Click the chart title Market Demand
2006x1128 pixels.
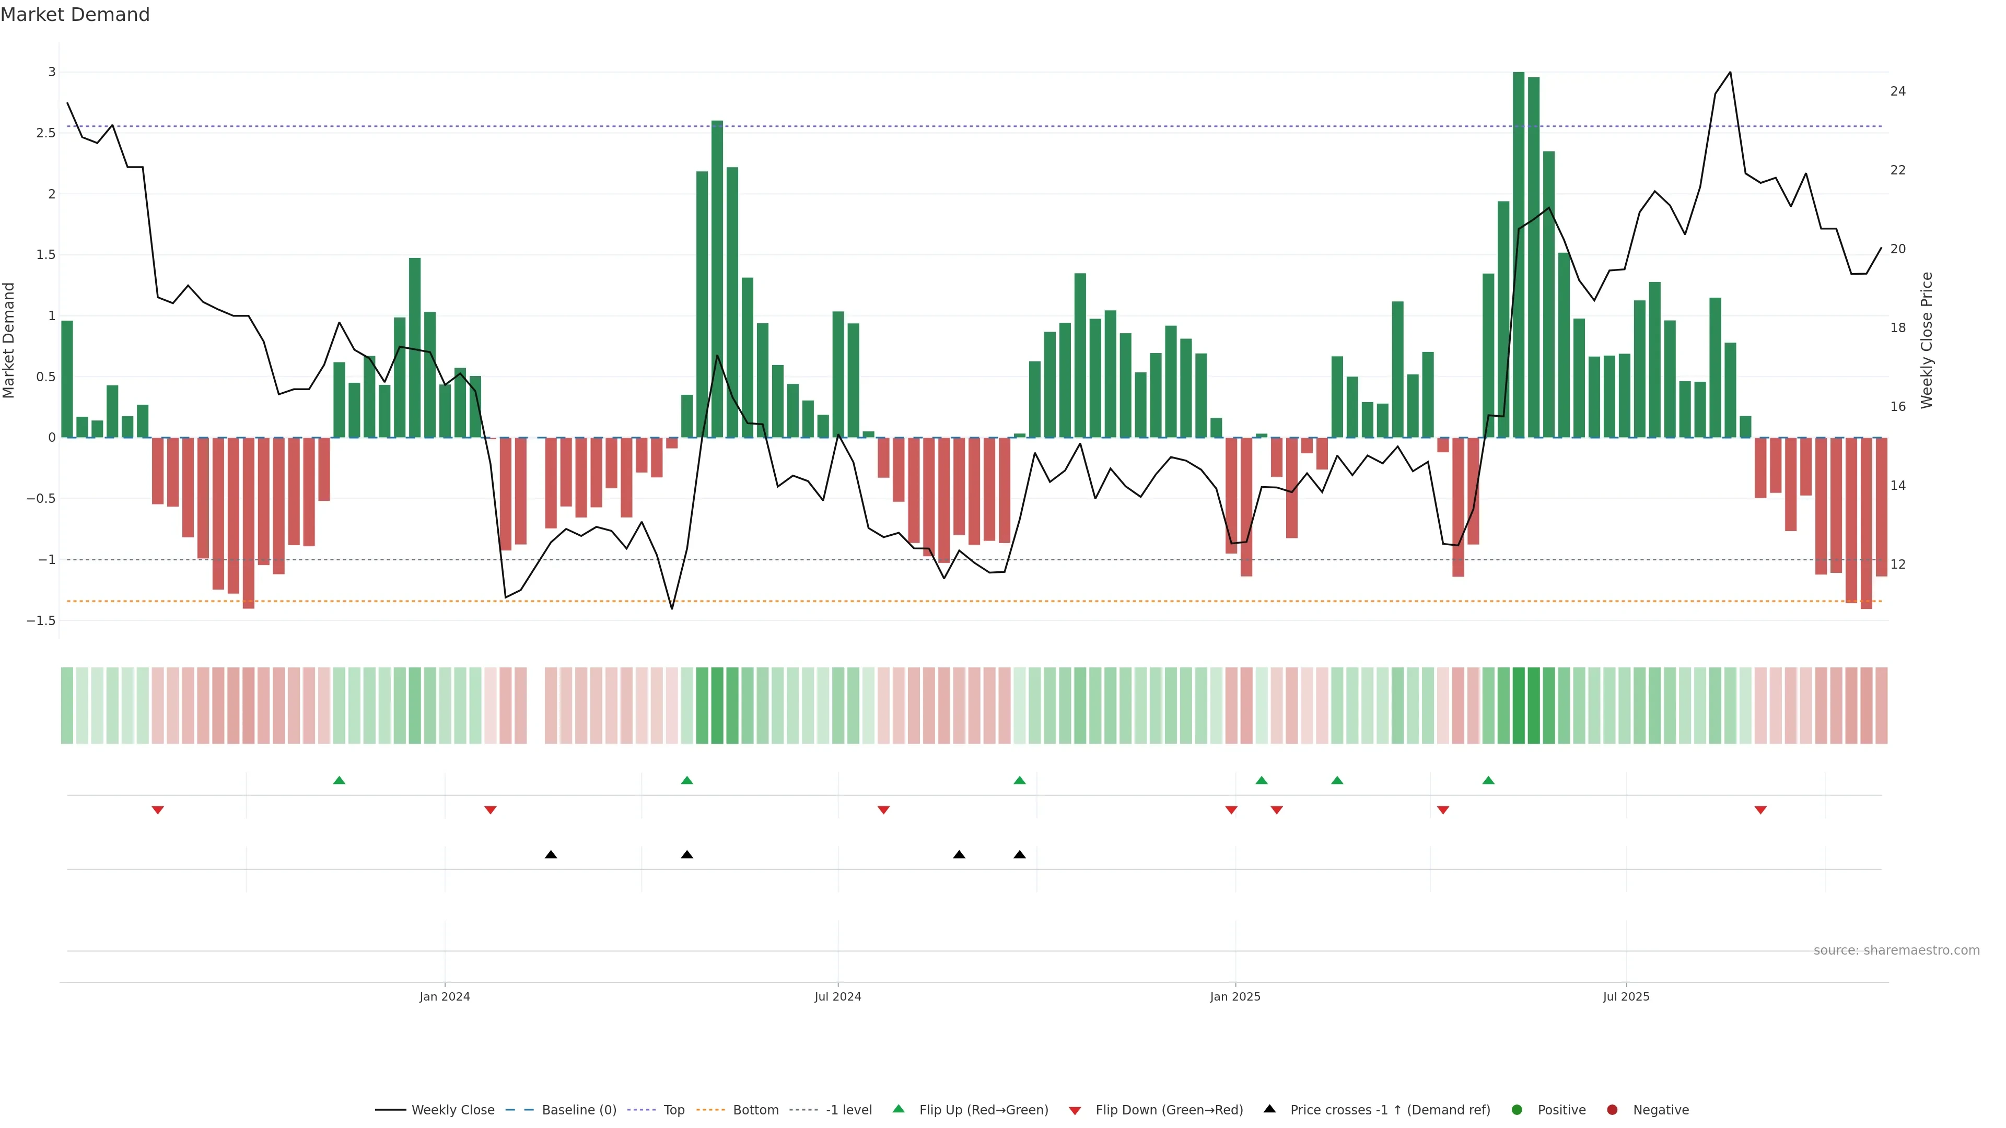coord(75,15)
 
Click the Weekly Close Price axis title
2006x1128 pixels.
coord(1927,340)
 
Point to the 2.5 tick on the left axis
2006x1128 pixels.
coord(46,133)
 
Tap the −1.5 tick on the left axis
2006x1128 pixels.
coord(41,620)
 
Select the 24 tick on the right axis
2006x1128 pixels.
coord(1898,91)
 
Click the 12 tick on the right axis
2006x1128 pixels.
coord(1898,565)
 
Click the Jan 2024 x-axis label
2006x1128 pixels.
coord(445,996)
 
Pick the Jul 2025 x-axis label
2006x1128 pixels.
coord(1626,996)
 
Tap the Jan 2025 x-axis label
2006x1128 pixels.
coord(1235,996)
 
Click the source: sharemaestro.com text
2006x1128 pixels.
coord(1896,950)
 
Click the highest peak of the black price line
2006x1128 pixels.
coord(1730,73)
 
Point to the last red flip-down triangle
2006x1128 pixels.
coord(1760,810)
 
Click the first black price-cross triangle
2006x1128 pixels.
coord(551,855)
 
